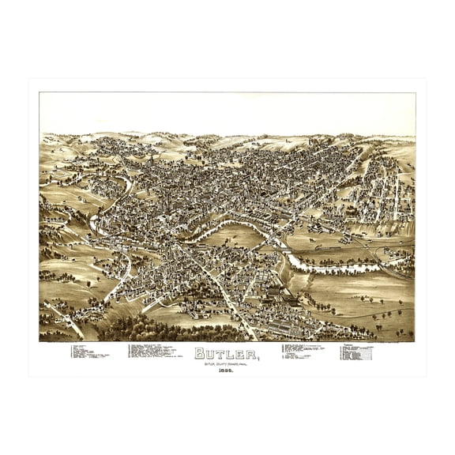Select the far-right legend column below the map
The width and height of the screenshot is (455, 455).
[356, 352]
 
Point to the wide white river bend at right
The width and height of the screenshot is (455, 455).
[332, 267]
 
